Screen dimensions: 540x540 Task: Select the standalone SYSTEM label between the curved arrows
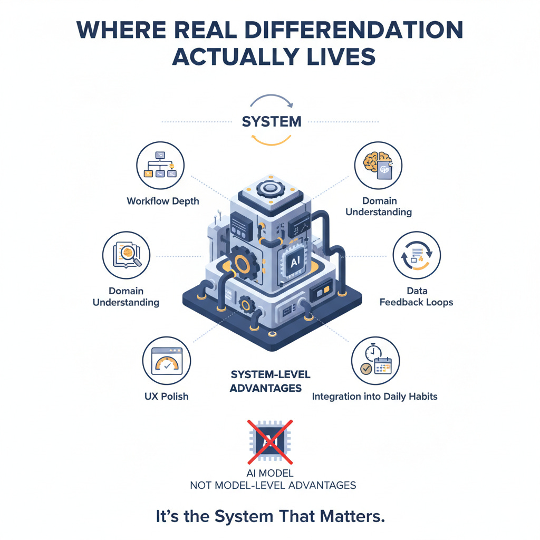click(272, 121)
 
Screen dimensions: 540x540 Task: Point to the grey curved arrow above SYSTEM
click(271, 100)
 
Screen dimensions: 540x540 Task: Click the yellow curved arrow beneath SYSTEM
click(271, 141)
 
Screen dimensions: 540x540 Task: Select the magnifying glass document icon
click(126, 255)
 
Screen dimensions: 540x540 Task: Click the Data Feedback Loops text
click(416, 296)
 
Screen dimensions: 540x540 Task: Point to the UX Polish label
click(166, 396)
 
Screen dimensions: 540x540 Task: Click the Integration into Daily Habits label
click(374, 396)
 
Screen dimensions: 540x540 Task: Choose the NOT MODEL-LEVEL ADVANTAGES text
click(273, 485)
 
